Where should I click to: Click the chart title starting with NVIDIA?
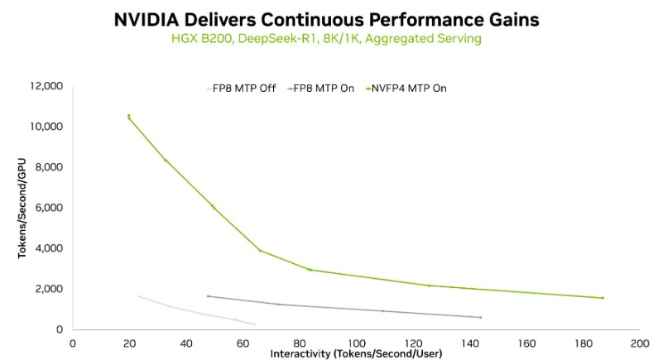[329, 20]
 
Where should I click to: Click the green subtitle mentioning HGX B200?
[329, 40]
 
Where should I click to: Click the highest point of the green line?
[129, 116]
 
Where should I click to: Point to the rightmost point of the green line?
[602, 298]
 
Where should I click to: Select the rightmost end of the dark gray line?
[480, 317]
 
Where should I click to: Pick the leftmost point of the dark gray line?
[208, 296]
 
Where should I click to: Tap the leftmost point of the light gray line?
[139, 296]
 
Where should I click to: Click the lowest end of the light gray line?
[253, 324]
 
